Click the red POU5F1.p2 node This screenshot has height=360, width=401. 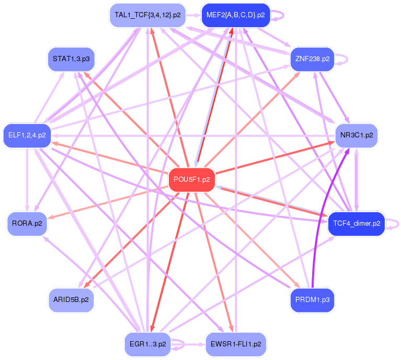[191, 179]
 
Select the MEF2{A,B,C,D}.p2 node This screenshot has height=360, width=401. [235, 15]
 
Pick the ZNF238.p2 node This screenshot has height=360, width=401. [312, 59]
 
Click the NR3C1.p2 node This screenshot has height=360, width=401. [357, 135]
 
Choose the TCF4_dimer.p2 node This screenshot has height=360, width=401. [356, 223]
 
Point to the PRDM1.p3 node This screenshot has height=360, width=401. [312, 300]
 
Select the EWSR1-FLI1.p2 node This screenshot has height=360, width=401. [236, 344]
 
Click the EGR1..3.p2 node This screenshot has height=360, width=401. [147, 344]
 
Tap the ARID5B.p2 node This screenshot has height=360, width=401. [71, 300]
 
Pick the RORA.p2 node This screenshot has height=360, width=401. [27, 223]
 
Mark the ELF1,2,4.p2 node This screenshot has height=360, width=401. [27, 135]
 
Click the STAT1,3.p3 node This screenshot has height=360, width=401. [71, 59]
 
